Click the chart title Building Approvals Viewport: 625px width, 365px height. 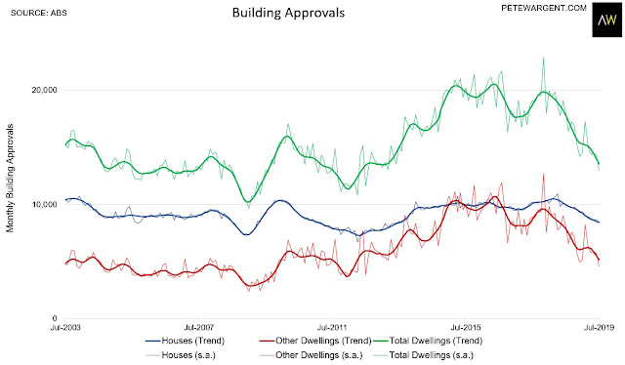coord(288,13)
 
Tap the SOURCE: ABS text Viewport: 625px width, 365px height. coord(39,13)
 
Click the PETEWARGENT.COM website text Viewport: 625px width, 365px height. coord(544,8)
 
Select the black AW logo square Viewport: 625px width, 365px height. coord(606,20)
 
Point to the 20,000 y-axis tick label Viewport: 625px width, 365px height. coord(45,90)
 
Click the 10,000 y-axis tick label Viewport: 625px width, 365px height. coord(45,204)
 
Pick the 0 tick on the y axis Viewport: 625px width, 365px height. coord(55,318)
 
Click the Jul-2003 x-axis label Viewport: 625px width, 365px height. coord(65,328)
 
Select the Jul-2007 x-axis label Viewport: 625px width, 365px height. coord(199,328)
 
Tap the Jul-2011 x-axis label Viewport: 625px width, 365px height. coord(332,328)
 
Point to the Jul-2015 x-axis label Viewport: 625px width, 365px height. coord(466,328)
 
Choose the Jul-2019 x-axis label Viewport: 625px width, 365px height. coord(599,328)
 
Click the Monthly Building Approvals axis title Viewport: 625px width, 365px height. coord(10,179)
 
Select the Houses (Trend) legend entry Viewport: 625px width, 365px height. coord(185,341)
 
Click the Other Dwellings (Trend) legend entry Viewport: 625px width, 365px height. coord(315,341)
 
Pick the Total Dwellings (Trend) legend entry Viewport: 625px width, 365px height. coord(428,341)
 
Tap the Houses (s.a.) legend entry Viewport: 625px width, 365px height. coord(181,355)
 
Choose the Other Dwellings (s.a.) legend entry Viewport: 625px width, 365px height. coord(311,355)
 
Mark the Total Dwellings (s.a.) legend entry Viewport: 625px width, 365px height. coord(423,355)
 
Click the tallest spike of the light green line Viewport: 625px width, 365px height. coord(543,59)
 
